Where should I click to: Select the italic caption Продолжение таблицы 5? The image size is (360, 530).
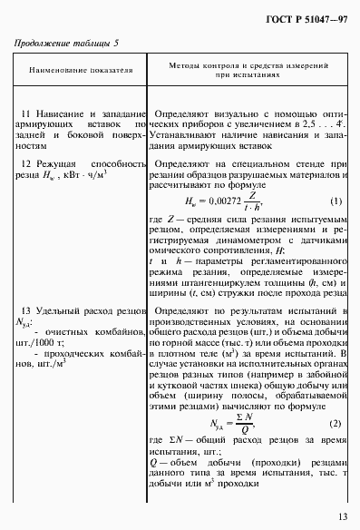(66, 43)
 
